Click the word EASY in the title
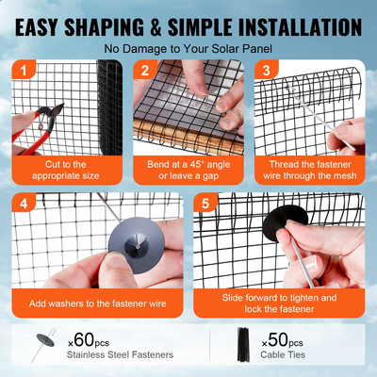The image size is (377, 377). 47,22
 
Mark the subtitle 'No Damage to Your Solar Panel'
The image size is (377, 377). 188,47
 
